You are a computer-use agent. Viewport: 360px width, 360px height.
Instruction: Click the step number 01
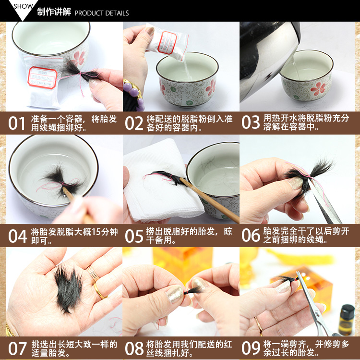(16, 123)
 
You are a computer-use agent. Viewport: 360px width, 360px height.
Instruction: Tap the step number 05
(134, 236)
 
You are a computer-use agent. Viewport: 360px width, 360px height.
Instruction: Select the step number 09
(251, 348)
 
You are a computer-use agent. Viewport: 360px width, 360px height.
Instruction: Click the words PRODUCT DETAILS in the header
(102, 13)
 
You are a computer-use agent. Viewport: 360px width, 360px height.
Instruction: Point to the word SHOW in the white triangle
(23, 6)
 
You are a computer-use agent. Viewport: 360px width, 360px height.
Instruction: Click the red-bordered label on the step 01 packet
(42, 78)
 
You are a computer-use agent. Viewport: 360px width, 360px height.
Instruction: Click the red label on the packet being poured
(167, 42)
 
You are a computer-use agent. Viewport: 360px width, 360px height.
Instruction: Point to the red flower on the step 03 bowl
(318, 89)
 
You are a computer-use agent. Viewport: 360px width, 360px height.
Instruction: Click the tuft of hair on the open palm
(68, 288)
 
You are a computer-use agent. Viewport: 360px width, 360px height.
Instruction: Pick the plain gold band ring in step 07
(100, 291)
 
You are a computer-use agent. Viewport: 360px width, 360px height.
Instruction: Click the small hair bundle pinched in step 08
(192, 291)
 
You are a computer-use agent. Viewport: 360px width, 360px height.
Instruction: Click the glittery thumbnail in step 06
(296, 183)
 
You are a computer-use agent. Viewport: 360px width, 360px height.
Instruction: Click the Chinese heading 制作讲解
(54, 12)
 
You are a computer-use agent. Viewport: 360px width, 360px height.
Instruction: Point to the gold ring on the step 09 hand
(259, 324)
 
